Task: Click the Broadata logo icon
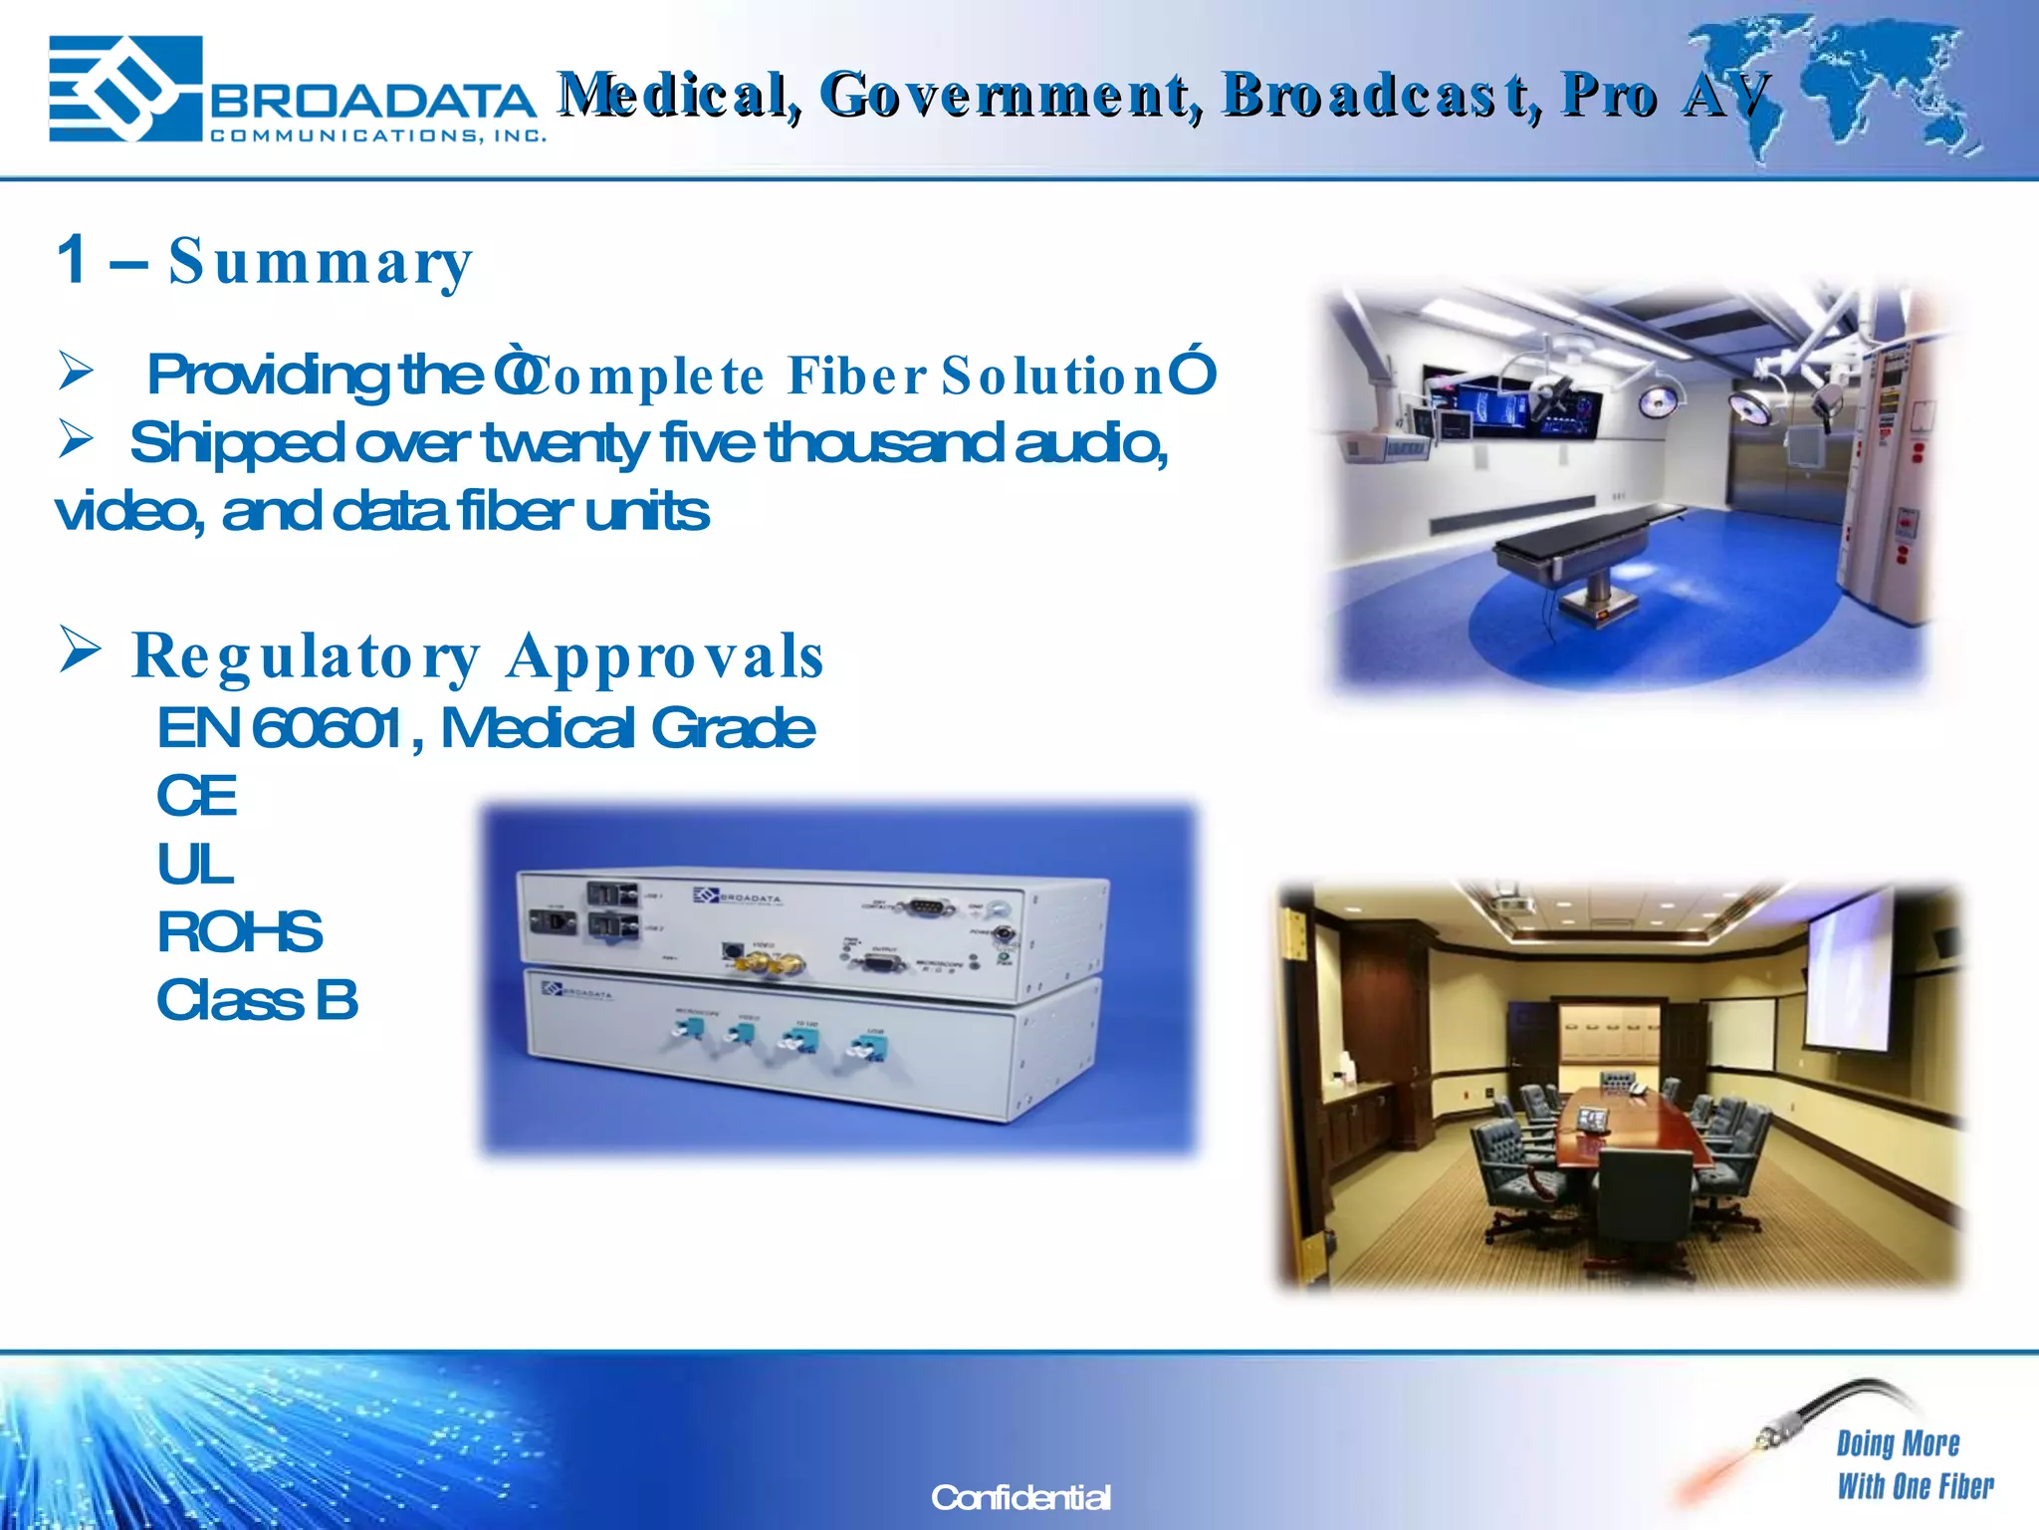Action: pos(124,90)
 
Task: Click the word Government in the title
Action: pos(1011,96)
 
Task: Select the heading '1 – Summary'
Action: pos(264,261)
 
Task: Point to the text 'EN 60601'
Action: pos(281,728)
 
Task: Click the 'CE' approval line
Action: pos(197,797)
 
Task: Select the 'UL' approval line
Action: pos(195,865)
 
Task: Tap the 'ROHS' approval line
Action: pos(239,932)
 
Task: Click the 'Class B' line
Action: pos(257,1000)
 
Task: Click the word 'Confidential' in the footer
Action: pos(1020,1497)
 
